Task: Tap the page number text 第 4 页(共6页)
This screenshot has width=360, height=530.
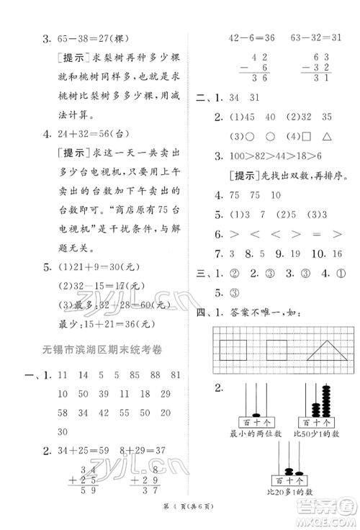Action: pos(180,520)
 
